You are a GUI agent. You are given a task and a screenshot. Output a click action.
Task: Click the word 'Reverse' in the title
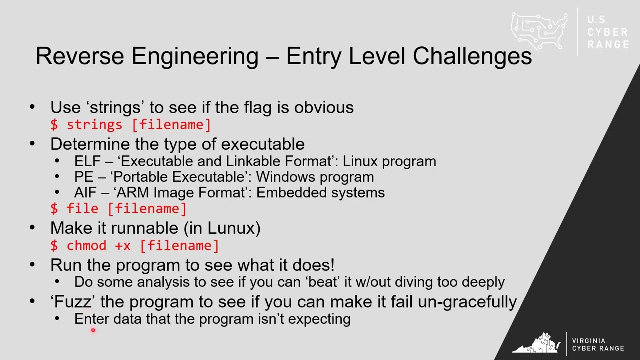tap(80, 56)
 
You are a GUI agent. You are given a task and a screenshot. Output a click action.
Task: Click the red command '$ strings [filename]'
tap(131, 125)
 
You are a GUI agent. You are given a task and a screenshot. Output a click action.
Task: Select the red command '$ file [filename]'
tap(118, 209)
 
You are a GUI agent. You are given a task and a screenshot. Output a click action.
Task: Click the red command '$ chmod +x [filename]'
tap(135, 246)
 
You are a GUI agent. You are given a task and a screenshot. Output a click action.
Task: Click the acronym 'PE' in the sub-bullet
tap(84, 177)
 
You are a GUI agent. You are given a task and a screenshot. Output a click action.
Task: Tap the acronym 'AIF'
tap(85, 193)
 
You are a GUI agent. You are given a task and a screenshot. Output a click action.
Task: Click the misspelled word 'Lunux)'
tap(234, 228)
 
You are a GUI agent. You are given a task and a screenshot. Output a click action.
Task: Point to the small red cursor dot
tap(93, 330)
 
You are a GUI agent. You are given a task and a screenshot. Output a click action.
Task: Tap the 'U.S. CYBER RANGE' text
tap(608, 32)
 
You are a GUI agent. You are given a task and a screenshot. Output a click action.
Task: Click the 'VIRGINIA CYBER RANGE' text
tap(598, 345)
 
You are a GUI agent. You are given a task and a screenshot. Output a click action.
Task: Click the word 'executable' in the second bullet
tap(263, 144)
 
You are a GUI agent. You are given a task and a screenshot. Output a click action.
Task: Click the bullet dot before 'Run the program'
tap(32, 265)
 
